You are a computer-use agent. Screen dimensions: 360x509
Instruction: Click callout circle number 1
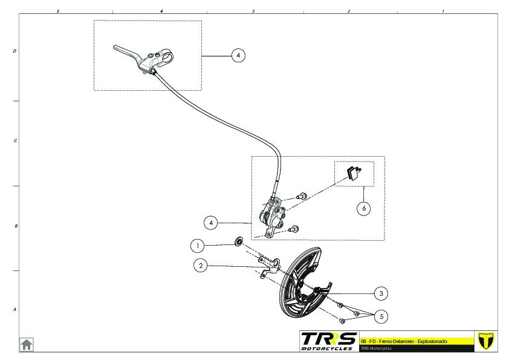click(196, 246)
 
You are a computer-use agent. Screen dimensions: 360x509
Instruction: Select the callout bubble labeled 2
click(201, 265)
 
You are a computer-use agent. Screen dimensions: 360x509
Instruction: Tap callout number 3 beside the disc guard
click(380, 293)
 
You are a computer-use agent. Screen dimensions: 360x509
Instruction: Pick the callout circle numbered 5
click(380, 316)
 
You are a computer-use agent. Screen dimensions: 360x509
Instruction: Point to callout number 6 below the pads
click(363, 209)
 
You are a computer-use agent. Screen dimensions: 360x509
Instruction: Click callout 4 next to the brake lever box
click(238, 55)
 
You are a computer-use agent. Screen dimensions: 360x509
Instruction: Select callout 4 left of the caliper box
click(211, 223)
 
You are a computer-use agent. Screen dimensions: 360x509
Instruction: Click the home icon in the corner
click(27, 344)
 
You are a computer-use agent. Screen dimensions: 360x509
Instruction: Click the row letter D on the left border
click(15, 51)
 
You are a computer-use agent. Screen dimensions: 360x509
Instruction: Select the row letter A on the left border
click(15, 309)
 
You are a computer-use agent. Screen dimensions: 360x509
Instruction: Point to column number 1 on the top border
click(443, 11)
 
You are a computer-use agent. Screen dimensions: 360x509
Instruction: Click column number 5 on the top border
click(57, 11)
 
